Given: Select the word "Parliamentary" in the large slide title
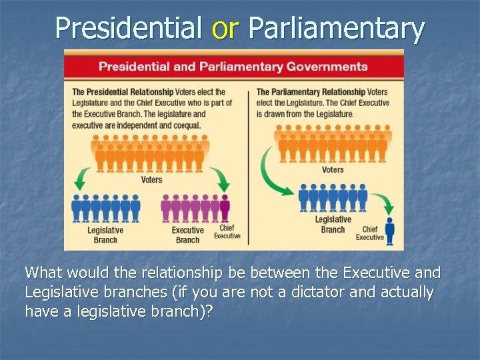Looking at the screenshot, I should pyautogui.click(x=336, y=28).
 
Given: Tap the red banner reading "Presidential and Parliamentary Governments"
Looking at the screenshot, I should pyautogui.click(x=233, y=67).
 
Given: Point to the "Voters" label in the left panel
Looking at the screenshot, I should pyautogui.click(x=151, y=179).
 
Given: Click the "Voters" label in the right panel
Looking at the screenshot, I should pyautogui.click(x=333, y=169).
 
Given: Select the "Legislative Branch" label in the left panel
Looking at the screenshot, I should pyautogui.click(x=105, y=235).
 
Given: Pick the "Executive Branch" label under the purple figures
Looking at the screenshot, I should pyautogui.click(x=187, y=235).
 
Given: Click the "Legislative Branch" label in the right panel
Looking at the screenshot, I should pyautogui.click(x=333, y=224).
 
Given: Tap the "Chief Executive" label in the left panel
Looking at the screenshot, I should pyautogui.click(x=227, y=232).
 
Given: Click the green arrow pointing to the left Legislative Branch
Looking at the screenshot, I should pyautogui.click(x=83, y=179).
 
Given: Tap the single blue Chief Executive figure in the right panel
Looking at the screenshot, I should pyautogui.click(x=389, y=230).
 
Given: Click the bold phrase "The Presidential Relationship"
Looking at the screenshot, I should pyautogui.click(x=123, y=92).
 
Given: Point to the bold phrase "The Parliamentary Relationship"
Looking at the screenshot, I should pyautogui.click(x=311, y=92).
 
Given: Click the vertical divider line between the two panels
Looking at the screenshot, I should pyautogui.click(x=248, y=167).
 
